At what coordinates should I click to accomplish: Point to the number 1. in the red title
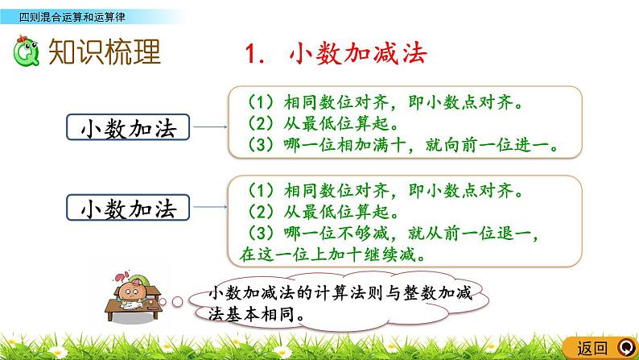coord(256,53)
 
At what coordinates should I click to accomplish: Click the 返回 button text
coord(593,348)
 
